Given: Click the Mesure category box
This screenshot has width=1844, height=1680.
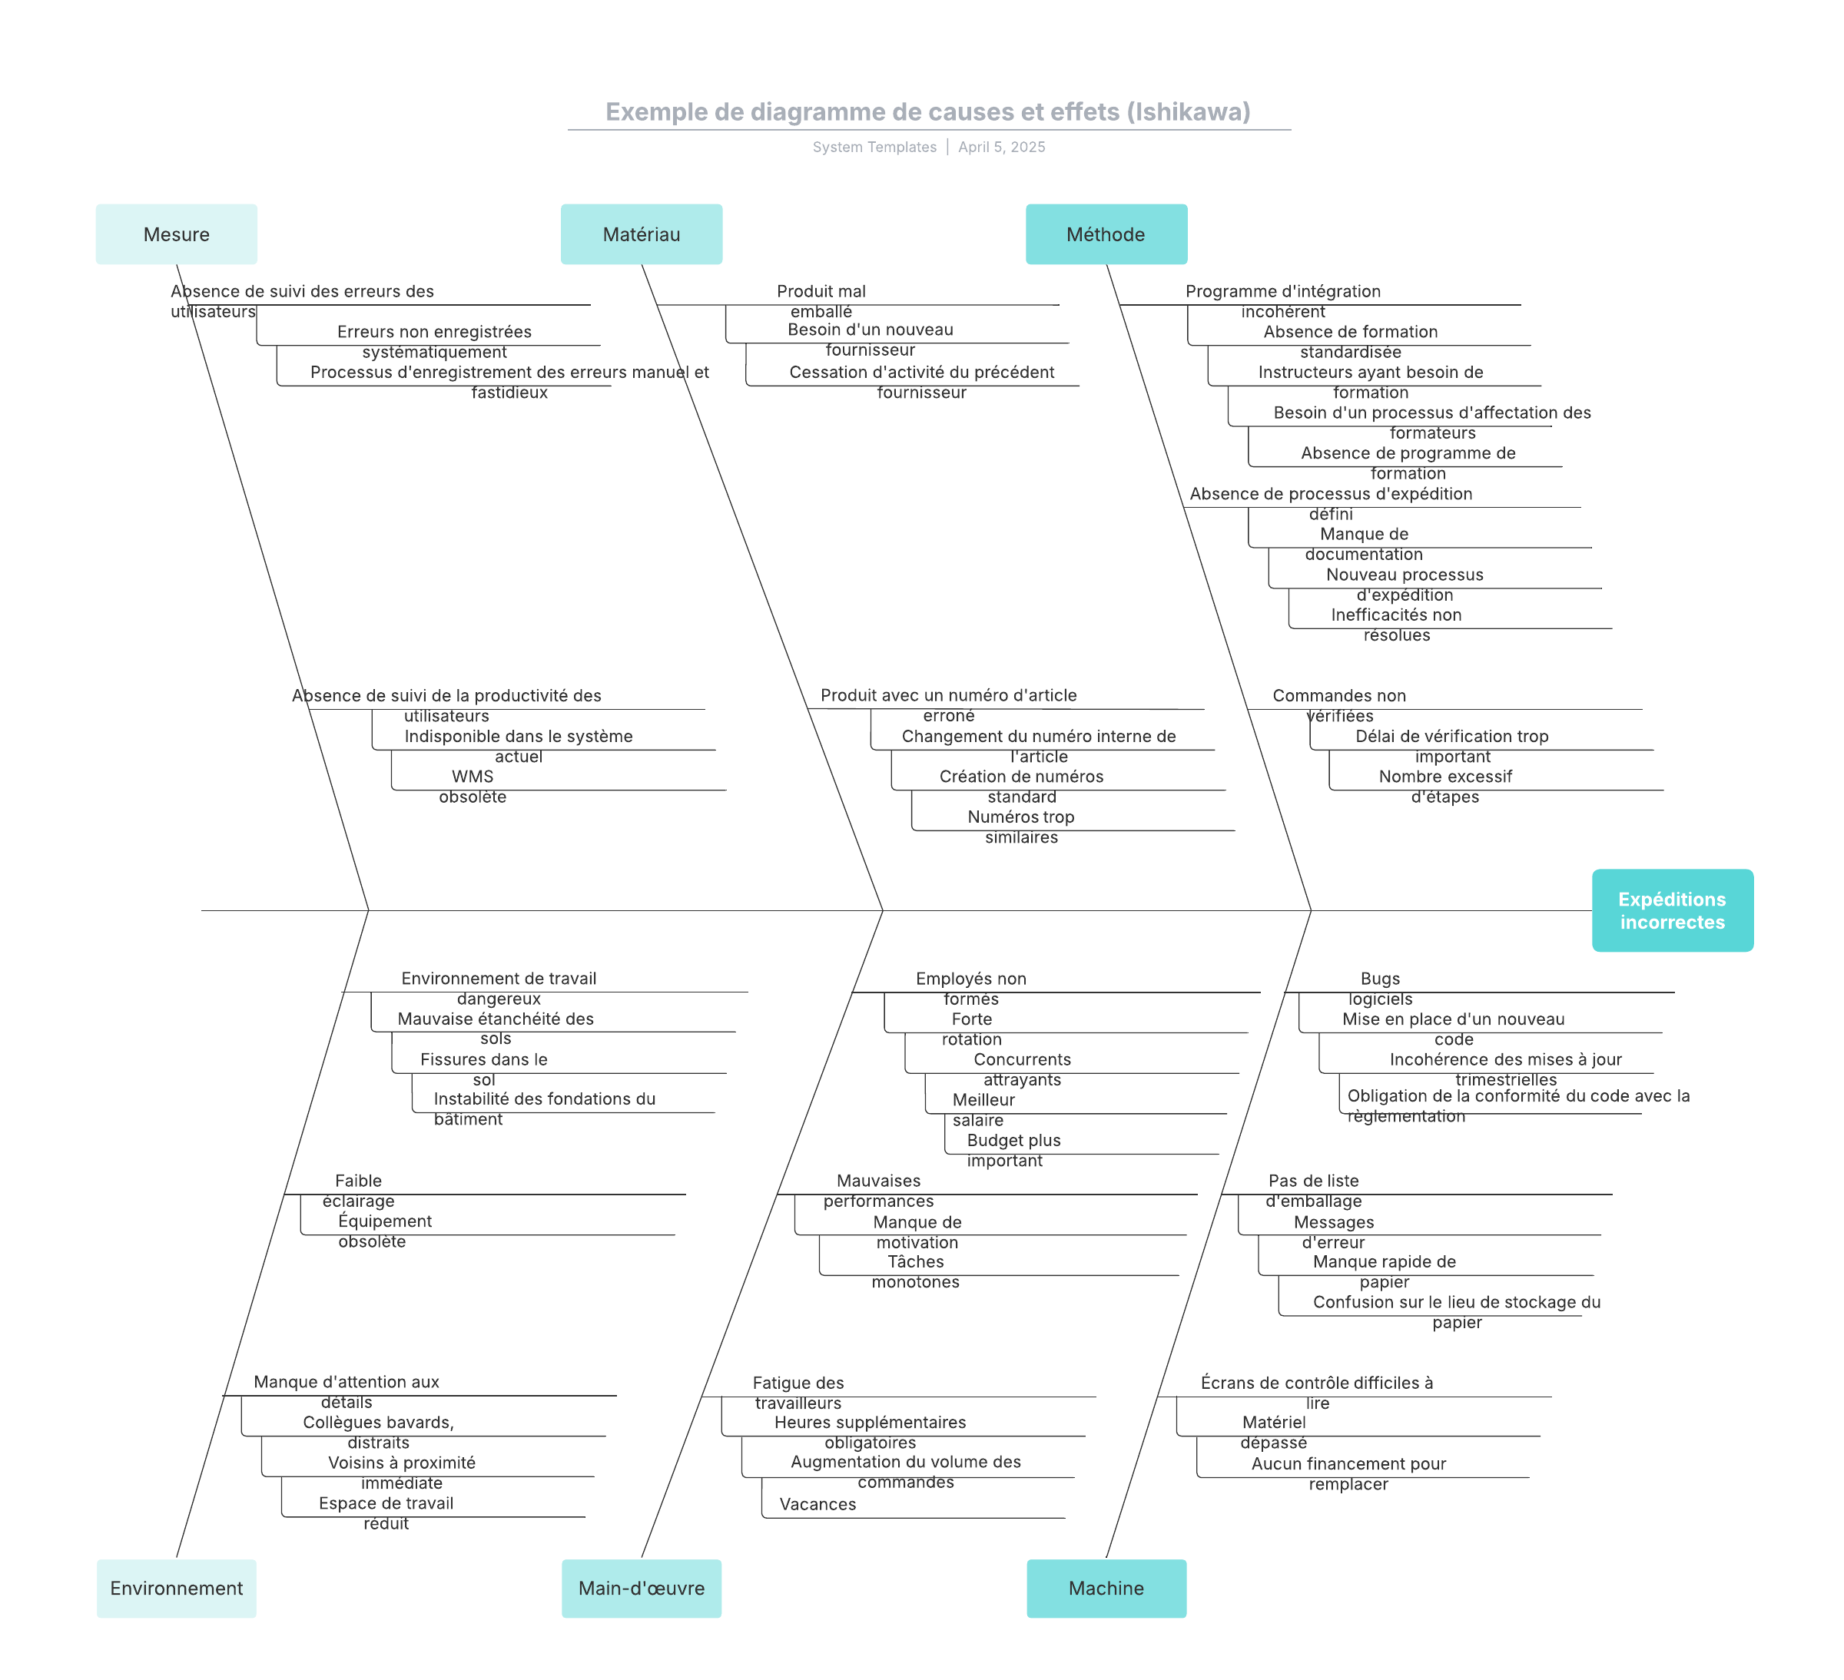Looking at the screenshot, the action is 177,234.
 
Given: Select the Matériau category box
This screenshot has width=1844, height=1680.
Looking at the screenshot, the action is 642,234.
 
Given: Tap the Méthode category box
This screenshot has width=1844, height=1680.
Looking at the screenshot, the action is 1106,234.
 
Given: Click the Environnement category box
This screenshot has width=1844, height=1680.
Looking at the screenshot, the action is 177,1589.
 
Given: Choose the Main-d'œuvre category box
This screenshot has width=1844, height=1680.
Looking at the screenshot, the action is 642,1589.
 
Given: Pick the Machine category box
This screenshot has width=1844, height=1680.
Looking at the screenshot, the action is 1106,1589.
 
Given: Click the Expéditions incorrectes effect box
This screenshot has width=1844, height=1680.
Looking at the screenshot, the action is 1673,910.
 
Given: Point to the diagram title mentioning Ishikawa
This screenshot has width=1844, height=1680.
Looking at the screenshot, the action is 928,111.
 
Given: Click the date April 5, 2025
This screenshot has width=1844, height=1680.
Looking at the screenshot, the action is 1002,147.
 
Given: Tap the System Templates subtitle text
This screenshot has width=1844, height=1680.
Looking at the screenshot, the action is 874,147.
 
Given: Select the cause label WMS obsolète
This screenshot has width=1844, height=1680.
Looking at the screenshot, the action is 473,787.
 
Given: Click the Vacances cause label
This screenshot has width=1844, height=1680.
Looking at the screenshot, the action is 818,1504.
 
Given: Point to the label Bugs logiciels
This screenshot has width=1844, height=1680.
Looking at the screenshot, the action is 1380,989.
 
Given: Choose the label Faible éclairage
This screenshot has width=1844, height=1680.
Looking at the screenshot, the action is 359,1191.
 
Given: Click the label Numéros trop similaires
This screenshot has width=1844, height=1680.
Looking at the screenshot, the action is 1022,827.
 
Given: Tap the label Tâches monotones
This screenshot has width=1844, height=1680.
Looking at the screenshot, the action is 916,1271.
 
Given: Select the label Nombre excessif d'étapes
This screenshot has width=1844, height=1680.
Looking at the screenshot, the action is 1445,787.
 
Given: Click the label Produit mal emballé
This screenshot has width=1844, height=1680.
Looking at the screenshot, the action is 821,301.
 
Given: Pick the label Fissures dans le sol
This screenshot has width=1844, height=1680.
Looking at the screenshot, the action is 484,1069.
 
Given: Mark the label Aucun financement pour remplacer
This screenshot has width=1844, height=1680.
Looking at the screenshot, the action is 1349,1473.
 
